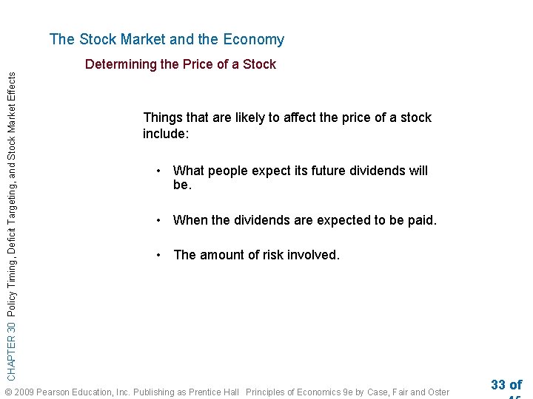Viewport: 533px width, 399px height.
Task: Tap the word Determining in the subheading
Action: point(121,64)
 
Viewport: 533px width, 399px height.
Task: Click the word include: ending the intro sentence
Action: point(166,134)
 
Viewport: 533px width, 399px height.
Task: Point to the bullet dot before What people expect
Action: point(158,171)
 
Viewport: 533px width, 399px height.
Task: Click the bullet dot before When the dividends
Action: point(158,220)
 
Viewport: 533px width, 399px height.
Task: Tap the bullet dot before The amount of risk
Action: point(158,255)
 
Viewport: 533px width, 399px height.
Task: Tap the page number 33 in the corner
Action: point(497,385)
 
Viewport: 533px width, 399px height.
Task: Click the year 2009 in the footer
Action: point(24,392)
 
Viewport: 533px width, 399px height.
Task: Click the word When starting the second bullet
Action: point(190,220)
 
